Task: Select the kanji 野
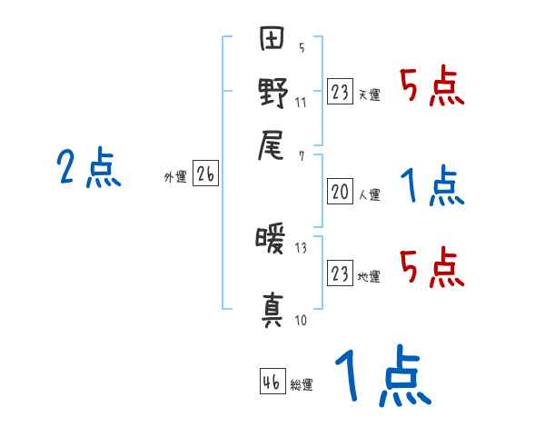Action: (x=272, y=94)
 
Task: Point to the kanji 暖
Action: (x=272, y=243)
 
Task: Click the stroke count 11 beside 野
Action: (x=301, y=102)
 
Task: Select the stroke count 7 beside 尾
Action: (x=301, y=156)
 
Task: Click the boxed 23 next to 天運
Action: (x=340, y=92)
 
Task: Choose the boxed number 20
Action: (x=340, y=191)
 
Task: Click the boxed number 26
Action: (x=205, y=175)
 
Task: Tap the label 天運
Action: (x=369, y=94)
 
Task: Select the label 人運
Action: (x=369, y=194)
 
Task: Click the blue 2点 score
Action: (x=89, y=168)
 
